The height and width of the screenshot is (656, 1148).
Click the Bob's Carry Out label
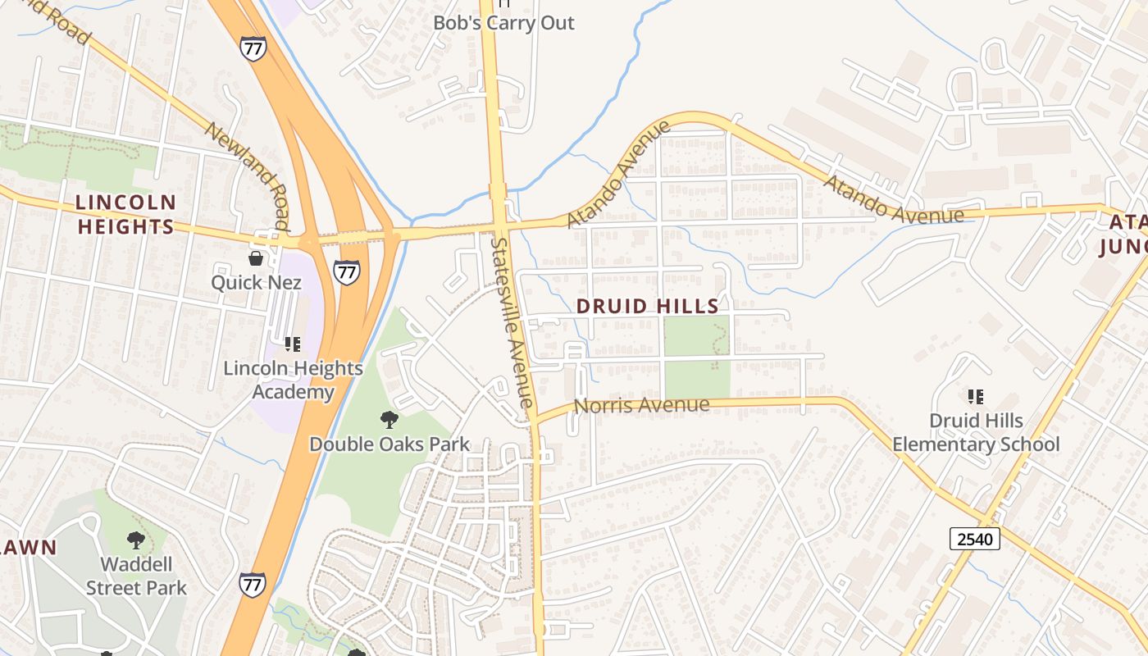[x=503, y=22]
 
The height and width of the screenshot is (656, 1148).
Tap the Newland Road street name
[x=246, y=175]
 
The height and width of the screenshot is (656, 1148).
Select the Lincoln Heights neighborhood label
[x=125, y=214]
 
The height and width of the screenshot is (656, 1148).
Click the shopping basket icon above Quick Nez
[x=256, y=259]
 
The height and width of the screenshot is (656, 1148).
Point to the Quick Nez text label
[x=256, y=283]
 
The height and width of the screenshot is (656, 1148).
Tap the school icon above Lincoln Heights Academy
[x=292, y=344]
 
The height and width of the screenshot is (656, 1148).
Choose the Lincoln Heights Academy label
[x=293, y=380]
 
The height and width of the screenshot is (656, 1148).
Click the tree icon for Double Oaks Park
[x=389, y=420]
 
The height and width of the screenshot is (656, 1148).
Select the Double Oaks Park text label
[x=389, y=444]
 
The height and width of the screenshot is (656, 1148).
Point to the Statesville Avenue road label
[x=513, y=322]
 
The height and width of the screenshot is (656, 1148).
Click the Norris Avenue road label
[x=641, y=405]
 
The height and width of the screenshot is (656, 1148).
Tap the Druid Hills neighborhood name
[x=647, y=307]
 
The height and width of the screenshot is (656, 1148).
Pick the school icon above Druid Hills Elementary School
[x=976, y=397]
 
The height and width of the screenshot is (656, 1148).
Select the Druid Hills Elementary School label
[x=976, y=432]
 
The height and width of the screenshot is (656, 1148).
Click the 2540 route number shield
[x=975, y=539]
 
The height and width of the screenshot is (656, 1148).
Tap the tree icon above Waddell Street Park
[x=136, y=540]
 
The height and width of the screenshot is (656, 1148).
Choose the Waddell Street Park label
[x=136, y=576]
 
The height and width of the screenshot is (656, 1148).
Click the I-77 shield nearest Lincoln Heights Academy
[x=347, y=272]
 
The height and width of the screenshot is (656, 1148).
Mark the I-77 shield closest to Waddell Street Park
[x=253, y=584]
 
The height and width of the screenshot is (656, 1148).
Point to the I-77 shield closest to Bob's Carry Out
[x=253, y=48]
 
